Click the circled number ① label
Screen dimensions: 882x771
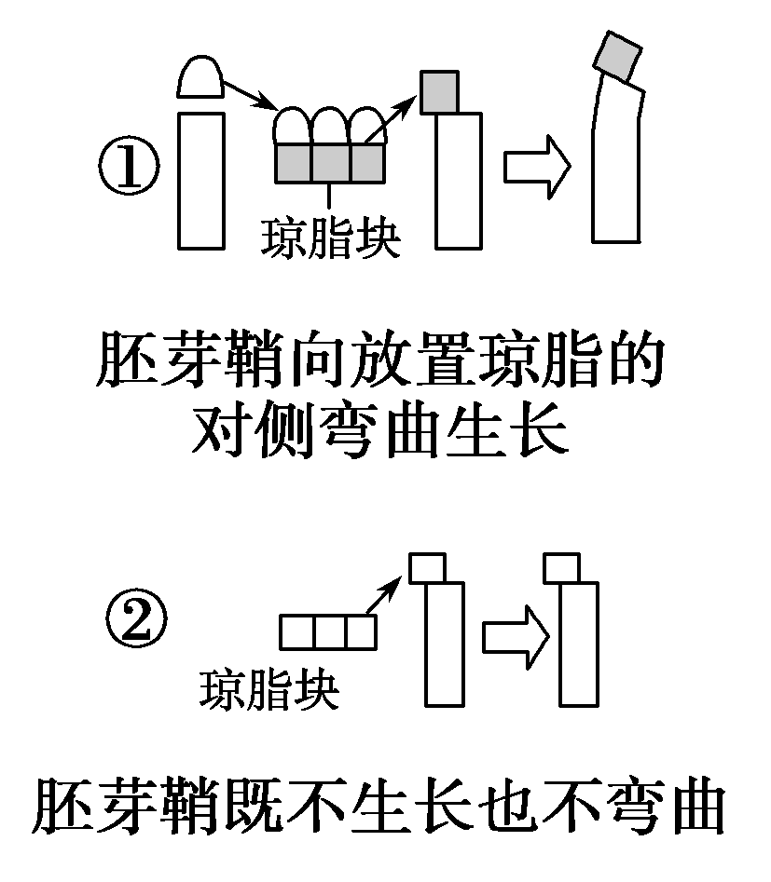(129, 170)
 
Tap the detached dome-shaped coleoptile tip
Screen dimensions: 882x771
(200, 76)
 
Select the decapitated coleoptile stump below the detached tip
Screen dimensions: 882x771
(200, 180)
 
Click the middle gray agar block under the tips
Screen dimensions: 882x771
(330, 163)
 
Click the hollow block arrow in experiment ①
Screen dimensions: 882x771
(537, 167)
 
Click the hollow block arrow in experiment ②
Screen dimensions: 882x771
(514, 636)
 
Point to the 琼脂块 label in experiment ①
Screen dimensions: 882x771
(330, 238)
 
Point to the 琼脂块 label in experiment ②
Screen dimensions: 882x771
(269, 690)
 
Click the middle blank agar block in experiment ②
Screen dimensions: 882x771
(328, 632)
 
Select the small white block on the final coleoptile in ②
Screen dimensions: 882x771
(563, 566)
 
